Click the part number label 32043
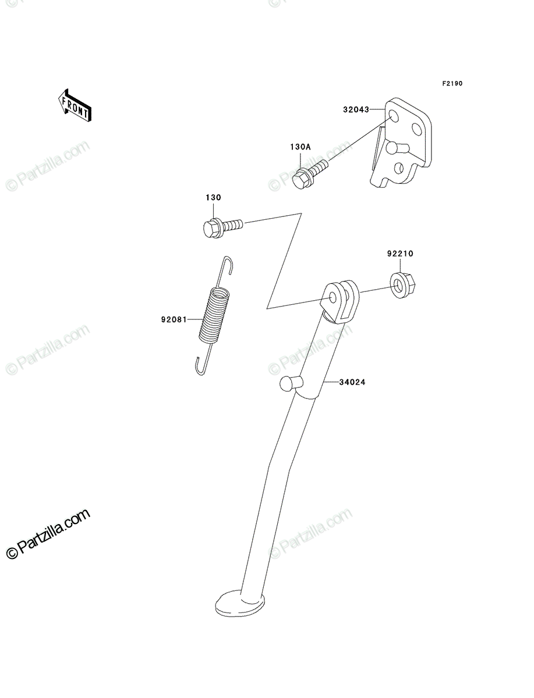point(356,110)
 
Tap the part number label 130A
point(300,147)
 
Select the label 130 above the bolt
point(213,197)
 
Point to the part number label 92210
point(400,254)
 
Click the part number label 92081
point(174,319)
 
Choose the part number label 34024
point(352,382)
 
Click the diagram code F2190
point(452,84)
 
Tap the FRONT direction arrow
point(75,105)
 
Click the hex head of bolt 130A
point(299,180)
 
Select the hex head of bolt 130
point(211,228)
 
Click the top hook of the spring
point(228,265)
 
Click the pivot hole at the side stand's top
point(333,298)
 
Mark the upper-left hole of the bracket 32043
point(394,117)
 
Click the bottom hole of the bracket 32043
point(398,168)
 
